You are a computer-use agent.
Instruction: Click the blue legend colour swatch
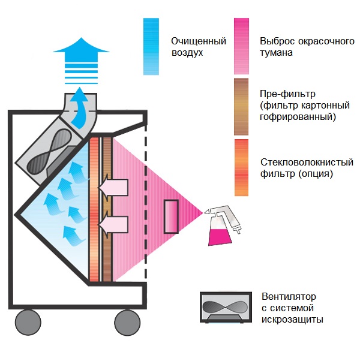click(151, 46)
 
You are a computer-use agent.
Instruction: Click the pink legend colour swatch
click(241, 46)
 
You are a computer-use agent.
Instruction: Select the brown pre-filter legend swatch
click(241, 103)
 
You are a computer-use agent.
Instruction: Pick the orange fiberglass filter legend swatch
click(241, 167)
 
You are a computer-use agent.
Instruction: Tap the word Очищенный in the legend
click(198, 41)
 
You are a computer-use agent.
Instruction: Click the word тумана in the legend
click(277, 53)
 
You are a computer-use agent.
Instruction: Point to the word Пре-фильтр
click(287, 95)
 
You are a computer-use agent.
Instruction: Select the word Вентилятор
click(288, 297)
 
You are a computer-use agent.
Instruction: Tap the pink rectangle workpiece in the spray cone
click(172, 216)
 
